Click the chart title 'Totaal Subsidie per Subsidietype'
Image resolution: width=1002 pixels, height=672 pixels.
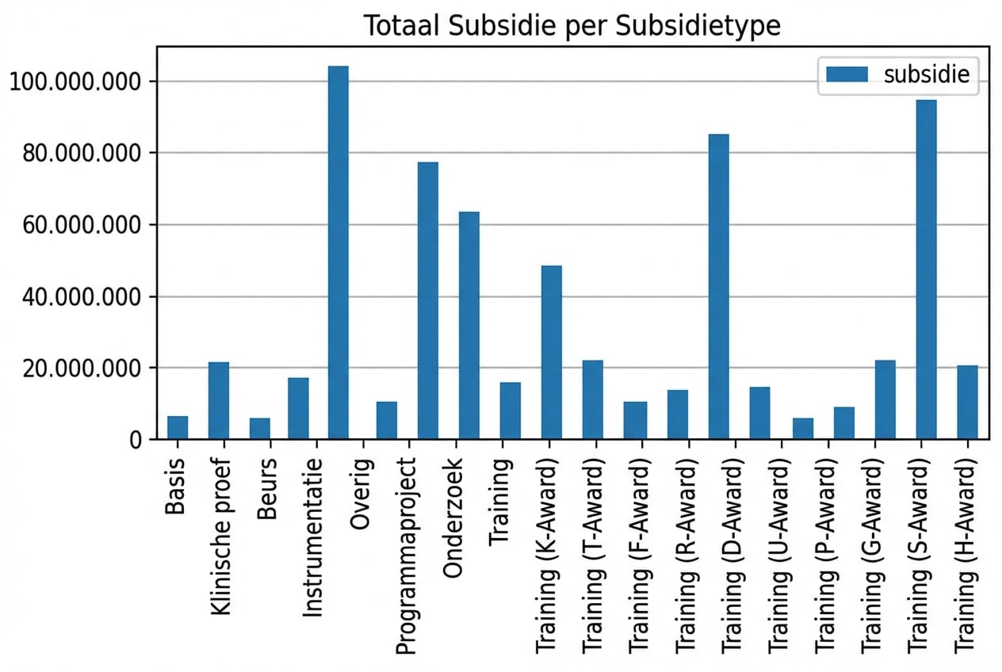572,25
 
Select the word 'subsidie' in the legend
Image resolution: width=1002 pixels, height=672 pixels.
924,74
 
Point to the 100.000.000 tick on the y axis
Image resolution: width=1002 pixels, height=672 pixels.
75,82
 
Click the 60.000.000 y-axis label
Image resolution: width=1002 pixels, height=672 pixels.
75,225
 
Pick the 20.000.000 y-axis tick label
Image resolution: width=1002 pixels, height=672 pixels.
75,368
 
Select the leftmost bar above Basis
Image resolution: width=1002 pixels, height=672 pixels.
178,427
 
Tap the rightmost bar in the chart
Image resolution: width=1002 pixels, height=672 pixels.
967,402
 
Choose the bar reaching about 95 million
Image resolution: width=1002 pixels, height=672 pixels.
926,269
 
